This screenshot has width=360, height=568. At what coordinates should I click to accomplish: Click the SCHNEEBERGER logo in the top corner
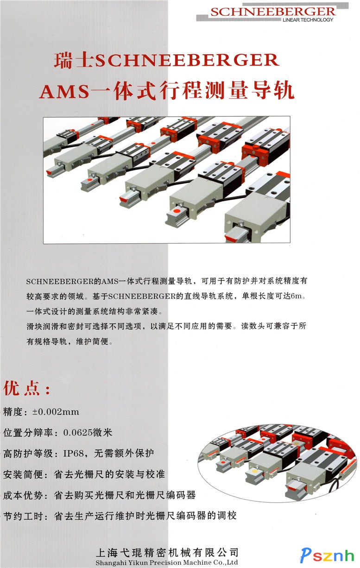pyautogui.click(x=273, y=12)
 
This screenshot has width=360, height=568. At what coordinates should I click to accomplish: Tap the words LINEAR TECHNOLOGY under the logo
pyautogui.click(x=308, y=20)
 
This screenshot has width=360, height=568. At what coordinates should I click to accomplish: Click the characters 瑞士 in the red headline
pyautogui.click(x=74, y=60)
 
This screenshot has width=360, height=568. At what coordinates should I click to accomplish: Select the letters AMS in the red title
pyautogui.click(x=65, y=91)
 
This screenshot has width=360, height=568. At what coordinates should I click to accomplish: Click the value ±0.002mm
pyautogui.click(x=56, y=411)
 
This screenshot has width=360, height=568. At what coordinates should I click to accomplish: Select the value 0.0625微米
pyautogui.click(x=88, y=433)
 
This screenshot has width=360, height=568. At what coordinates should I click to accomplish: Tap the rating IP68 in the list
pyautogui.click(x=74, y=454)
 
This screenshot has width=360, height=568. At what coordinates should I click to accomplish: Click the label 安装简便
pyautogui.click(x=23, y=474)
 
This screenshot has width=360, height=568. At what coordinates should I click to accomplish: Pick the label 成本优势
pyautogui.click(x=23, y=495)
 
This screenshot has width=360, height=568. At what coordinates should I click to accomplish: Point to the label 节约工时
pyautogui.click(x=23, y=516)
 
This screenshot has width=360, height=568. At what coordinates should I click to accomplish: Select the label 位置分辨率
pyautogui.click(x=28, y=433)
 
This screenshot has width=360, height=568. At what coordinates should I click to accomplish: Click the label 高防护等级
pyautogui.click(x=28, y=454)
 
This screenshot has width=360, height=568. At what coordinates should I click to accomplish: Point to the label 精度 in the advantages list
pyautogui.click(x=13, y=412)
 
